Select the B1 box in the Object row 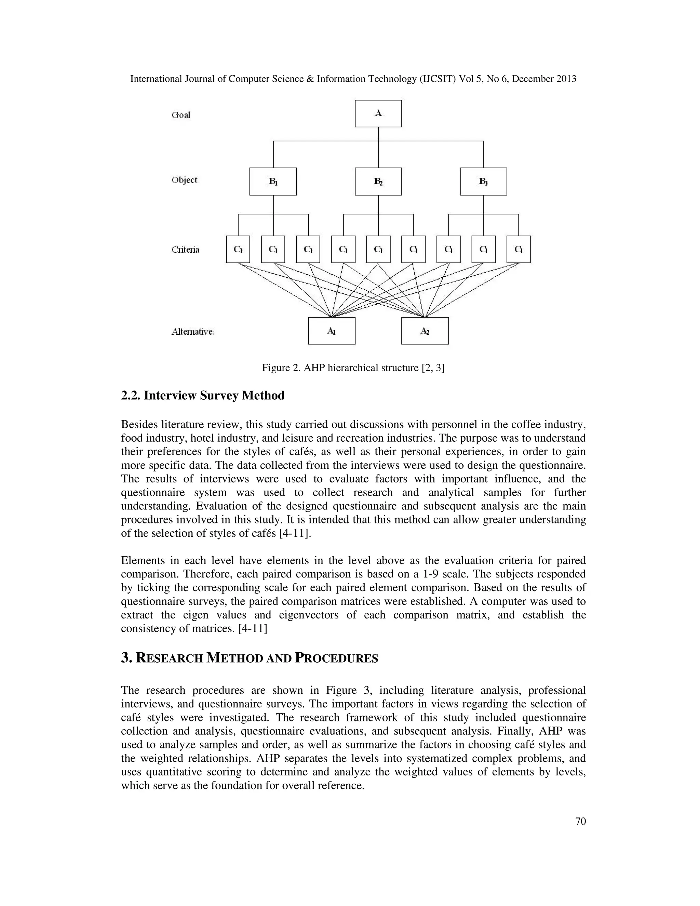click(272, 181)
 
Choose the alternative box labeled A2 click(425, 331)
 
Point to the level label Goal click(181, 115)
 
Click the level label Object click(184, 180)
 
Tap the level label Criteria click(185, 250)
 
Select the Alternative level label click(192, 331)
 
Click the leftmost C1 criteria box click(238, 249)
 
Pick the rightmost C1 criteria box click(519, 249)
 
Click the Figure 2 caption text click(353, 368)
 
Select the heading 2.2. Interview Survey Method click(203, 395)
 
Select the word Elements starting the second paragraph click(141, 560)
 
